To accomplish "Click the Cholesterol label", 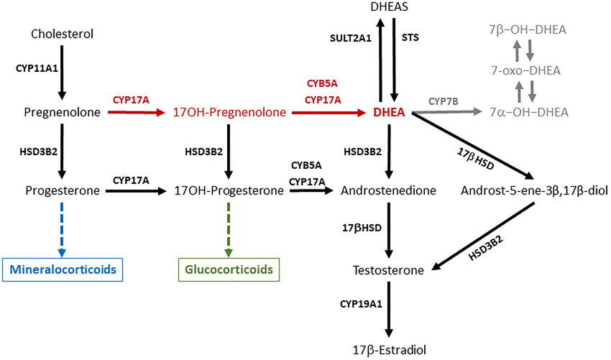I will click(63, 34).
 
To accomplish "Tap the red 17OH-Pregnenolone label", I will click(229, 112).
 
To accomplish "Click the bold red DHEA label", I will click(388, 112).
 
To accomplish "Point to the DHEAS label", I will click(389, 8).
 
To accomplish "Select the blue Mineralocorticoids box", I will click(63, 270).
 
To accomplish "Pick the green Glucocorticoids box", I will click(229, 270).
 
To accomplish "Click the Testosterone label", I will click(389, 270).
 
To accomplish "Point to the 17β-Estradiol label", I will click(389, 350).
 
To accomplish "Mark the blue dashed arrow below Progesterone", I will click(63, 229).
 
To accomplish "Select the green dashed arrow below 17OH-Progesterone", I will click(229, 229).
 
